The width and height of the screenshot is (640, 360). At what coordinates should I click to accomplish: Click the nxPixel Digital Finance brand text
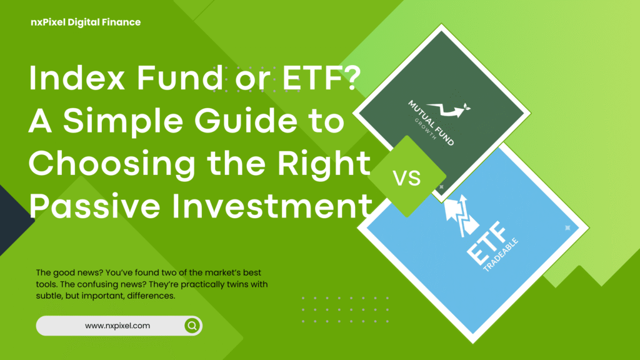coord(86,22)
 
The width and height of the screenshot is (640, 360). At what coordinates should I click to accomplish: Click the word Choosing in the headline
coord(99,164)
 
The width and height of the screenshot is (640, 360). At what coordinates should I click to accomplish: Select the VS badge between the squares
coord(407,177)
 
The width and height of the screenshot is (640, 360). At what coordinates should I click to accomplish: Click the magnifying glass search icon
coord(192,326)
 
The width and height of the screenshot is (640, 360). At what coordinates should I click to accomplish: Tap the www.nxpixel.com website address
coord(117,326)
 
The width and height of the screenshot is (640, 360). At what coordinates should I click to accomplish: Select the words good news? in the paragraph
coord(79,273)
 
